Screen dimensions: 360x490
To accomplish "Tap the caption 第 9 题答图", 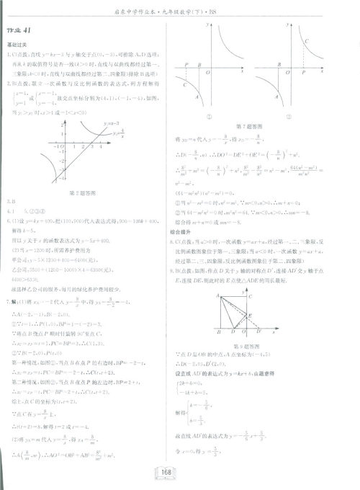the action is [248, 347].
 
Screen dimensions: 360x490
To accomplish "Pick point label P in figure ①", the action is [187, 64].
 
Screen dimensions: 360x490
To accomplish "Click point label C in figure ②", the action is [307, 42].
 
